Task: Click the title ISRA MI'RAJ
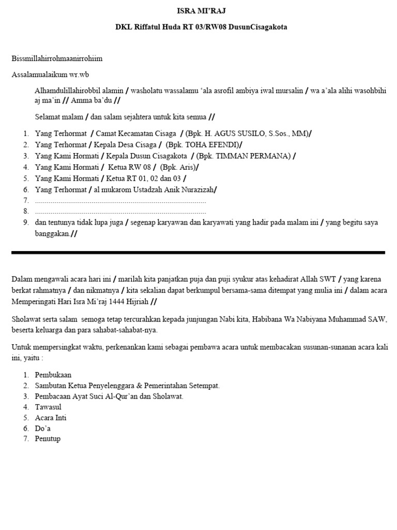pyautogui.click(x=201, y=11)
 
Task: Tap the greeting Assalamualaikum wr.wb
pyautogui.click(x=53, y=75)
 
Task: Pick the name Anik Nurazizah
pyautogui.click(x=189, y=189)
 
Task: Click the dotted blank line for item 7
pyautogui.click(x=120, y=201)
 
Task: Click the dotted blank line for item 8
pyautogui.click(x=120, y=212)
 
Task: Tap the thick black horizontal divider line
pyautogui.click(x=198, y=253)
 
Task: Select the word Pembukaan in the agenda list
pyautogui.click(x=53, y=375)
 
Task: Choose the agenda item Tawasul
pyautogui.click(x=48, y=407)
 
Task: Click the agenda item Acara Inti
pyautogui.click(x=51, y=418)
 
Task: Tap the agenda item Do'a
pyautogui.click(x=43, y=429)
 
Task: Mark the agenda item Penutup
pyautogui.click(x=48, y=439)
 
